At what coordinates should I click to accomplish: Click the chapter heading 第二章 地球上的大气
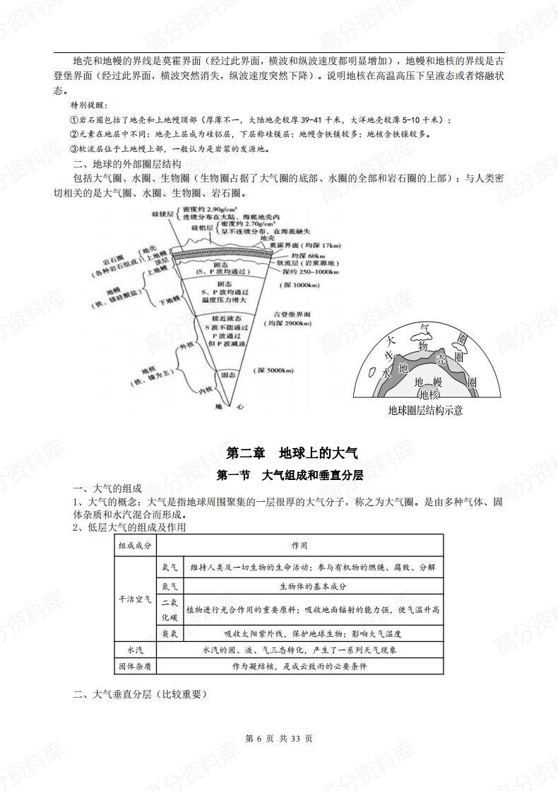[291, 453]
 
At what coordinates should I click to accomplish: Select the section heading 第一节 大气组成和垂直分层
[290, 475]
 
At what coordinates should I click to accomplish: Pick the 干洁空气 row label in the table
[135, 599]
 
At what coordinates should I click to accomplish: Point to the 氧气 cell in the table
[170, 567]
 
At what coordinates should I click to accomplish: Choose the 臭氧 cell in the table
[170, 633]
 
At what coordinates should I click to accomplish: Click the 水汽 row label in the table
[135, 650]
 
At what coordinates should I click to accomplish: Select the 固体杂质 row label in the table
[135, 666]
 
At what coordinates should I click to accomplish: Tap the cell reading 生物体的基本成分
[313, 586]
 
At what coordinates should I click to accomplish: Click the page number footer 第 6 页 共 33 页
[279, 738]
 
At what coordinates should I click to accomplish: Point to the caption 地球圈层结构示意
[425, 411]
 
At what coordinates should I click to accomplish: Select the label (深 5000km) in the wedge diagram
[275, 370]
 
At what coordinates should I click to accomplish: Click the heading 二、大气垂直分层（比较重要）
[141, 694]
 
